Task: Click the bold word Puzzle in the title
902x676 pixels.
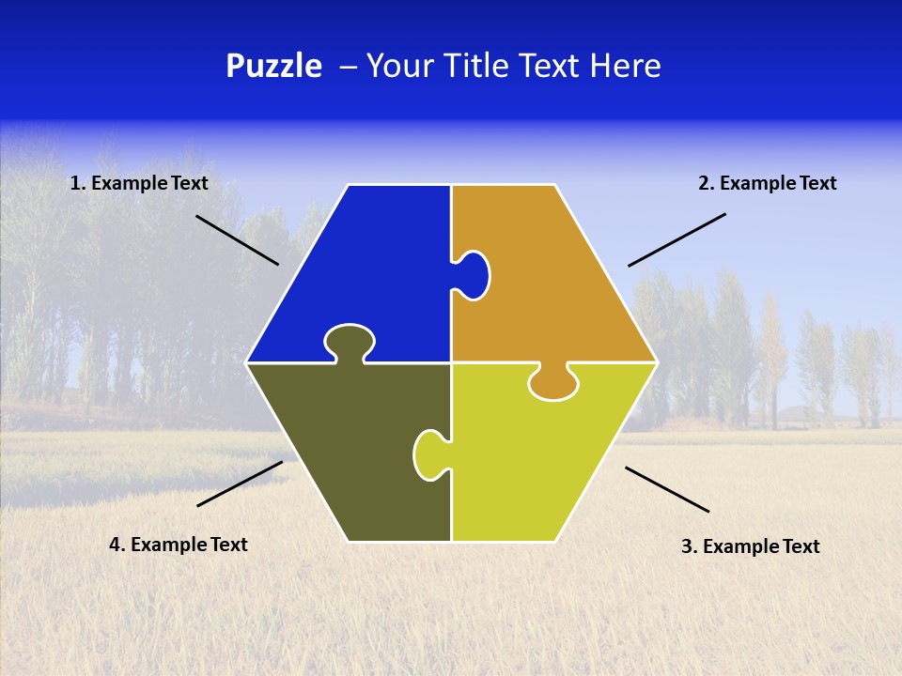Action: tap(273, 67)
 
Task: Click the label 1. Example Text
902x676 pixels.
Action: tap(139, 184)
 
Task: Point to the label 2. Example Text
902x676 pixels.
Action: tap(767, 184)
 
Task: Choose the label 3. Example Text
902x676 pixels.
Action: tap(750, 546)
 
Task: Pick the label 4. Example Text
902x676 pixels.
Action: tap(179, 545)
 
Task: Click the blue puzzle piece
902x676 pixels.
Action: tap(366, 272)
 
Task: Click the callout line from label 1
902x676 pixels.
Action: tap(237, 239)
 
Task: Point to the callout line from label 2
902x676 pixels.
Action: tap(676, 239)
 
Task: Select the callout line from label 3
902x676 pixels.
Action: tap(667, 489)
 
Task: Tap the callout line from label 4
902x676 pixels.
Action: tap(240, 484)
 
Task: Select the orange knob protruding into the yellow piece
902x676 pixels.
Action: tap(553, 383)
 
